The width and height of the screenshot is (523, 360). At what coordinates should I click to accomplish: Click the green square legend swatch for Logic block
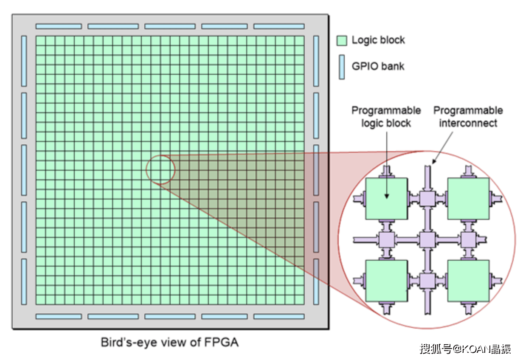coord(342,40)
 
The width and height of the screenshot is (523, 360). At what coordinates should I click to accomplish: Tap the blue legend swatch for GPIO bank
coord(342,67)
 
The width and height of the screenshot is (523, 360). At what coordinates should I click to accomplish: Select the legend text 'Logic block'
coord(378,40)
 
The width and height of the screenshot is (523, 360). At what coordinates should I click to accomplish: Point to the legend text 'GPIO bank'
coord(378,66)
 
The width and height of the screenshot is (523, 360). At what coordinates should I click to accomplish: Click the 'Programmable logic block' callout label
coord(386,117)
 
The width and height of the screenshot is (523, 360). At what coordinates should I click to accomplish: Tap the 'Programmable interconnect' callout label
coord(468,117)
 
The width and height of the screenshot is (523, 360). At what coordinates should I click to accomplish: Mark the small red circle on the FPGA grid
coord(160,170)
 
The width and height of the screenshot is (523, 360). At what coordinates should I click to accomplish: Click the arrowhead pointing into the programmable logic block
coord(386,195)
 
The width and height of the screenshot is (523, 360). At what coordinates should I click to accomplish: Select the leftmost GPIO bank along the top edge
coord(59,26)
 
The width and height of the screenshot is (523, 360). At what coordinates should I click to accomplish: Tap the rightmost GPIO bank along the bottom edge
coord(279,316)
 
